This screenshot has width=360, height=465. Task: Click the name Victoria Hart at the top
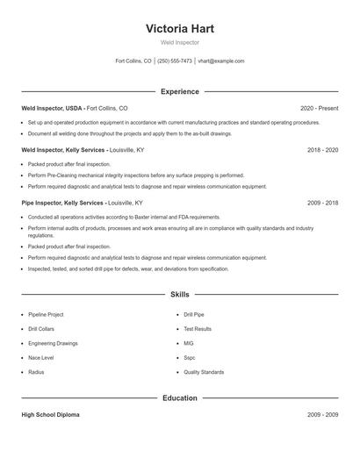179,28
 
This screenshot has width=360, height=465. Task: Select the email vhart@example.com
221,61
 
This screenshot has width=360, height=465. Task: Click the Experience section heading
179,91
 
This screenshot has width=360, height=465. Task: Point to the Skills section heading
179,295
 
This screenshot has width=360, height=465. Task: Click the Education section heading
179,398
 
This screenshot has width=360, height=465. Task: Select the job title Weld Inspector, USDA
52,108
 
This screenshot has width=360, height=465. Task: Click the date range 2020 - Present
319,108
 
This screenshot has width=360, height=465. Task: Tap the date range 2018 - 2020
322,150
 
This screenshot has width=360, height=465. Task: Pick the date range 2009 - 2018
322,202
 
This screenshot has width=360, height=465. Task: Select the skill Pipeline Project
46,313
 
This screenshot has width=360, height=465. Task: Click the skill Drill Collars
42,328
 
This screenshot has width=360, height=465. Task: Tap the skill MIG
189,343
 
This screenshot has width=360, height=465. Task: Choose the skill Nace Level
40,358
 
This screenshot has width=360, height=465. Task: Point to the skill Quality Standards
204,373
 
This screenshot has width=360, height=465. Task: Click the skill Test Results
198,328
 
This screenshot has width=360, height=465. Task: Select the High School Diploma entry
50,414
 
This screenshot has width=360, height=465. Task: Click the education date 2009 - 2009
322,414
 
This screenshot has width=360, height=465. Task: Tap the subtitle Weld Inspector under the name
179,42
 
